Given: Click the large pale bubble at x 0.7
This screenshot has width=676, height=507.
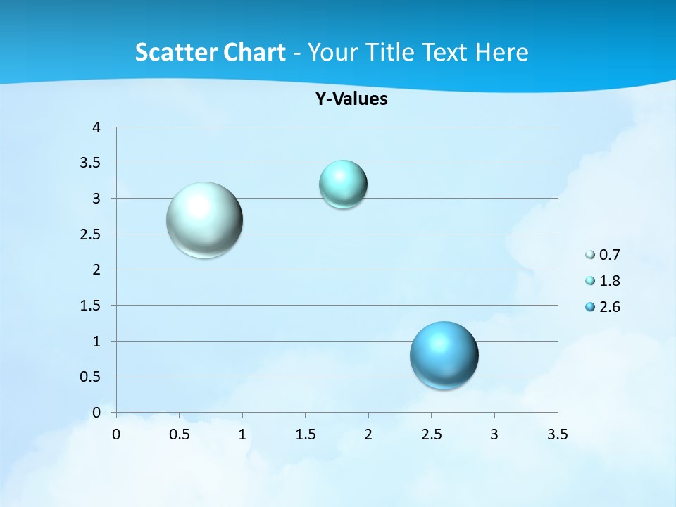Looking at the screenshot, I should pos(205,220).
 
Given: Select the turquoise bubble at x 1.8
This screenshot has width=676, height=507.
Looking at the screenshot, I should pos(343,184).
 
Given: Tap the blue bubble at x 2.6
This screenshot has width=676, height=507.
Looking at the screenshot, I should pos(444,355).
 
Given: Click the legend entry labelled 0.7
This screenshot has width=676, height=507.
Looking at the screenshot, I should pos(603,255).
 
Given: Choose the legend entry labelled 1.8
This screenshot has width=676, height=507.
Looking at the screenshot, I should pos(603,281).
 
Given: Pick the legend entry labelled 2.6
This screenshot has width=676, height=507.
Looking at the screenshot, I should pos(603,307).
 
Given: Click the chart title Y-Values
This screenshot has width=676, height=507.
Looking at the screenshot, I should pos(351,99).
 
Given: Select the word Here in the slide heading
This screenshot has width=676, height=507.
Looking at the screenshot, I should pos(501,52).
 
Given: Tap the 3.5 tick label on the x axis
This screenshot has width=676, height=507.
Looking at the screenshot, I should pos(557,434).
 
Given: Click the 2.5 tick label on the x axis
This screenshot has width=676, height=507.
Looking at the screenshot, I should pos(431,434).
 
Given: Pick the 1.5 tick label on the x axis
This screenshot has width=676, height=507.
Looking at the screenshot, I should pos(305,434).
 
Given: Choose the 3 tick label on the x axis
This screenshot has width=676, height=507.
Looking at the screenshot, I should pos(494,434).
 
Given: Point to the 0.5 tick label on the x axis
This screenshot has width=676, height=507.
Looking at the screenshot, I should pos(179,434).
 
